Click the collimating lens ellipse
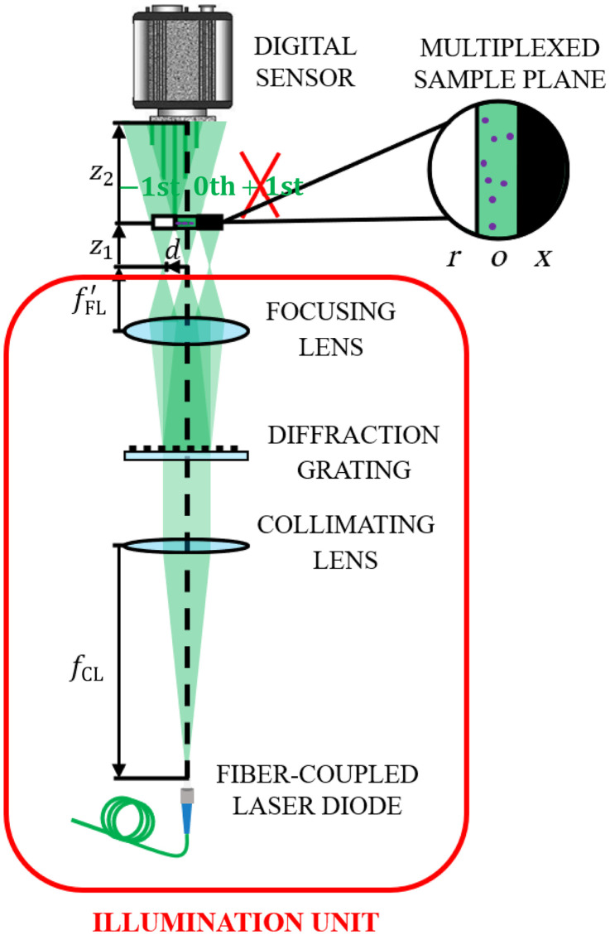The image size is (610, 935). click(187, 546)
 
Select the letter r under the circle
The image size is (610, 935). click(454, 258)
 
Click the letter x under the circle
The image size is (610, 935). click(541, 258)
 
